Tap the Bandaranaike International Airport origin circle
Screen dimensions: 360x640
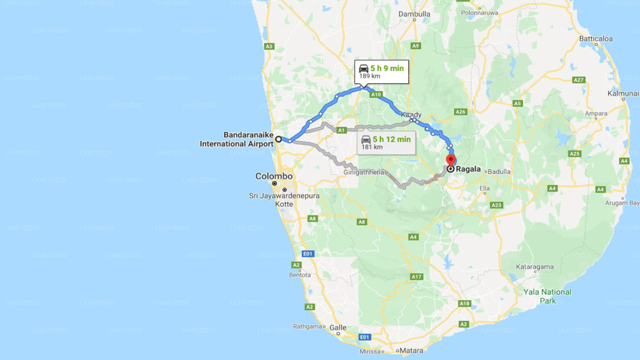click(x=278, y=139)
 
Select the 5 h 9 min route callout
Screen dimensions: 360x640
click(x=381, y=72)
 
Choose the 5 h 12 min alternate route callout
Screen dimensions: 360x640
click(x=386, y=142)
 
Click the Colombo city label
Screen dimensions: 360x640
click(x=274, y=176)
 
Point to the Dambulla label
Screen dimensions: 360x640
click(x=414, y=14)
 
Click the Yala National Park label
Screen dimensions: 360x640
click(x=547, y=296)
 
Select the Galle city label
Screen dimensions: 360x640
click(x=338, y=328)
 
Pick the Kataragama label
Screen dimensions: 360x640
click(x=535, y=267)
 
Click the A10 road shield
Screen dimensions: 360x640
click(x=376, y=94)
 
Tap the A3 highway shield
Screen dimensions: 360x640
click(x=269, y=46)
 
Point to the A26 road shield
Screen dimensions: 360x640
click(x=460, y=111)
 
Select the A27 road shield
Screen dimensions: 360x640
click(x=578, y=80)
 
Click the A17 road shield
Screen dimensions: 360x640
click(x=416, y=276)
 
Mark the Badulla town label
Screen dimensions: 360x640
click(x=499, y=171)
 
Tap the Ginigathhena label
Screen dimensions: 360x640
click(x=363, y=172)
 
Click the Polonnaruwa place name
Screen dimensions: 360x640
click(x=479, y=12)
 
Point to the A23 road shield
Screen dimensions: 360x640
click(x=496, y=205)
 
